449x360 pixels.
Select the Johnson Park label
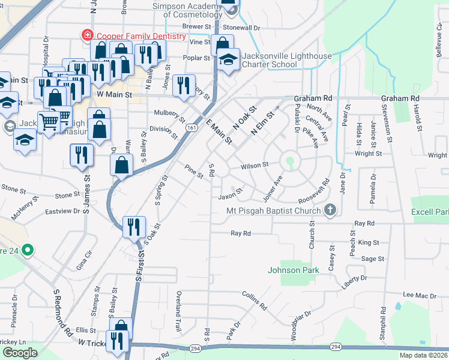293,270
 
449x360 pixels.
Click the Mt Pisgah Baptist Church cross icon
329,210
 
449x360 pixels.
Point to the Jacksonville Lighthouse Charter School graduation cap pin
228,60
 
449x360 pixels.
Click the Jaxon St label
230,196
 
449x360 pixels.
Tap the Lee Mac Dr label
419,295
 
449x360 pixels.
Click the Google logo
20,353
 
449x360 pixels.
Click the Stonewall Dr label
241,28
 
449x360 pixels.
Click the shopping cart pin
49,122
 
